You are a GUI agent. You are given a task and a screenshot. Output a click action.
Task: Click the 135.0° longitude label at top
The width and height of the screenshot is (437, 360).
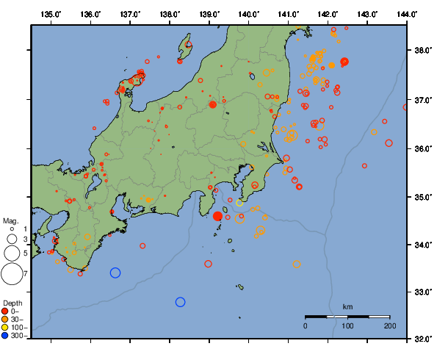coord(51,14)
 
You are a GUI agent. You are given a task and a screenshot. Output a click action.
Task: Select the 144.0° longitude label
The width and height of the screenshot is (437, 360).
coord(406,14)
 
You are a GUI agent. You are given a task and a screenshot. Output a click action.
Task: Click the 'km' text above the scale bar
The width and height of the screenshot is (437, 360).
coord(347,306)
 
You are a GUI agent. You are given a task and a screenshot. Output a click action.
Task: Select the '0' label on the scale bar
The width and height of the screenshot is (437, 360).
coord(306,325)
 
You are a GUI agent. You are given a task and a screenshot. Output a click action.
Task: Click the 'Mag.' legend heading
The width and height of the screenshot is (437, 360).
coord(10,220)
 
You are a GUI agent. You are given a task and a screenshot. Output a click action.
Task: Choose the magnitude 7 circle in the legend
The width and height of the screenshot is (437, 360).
coord(12,274)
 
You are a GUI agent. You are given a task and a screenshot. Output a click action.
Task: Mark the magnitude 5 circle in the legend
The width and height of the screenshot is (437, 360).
coord(12,253)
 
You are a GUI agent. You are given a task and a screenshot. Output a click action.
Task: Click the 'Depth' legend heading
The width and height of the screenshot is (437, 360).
coord(12,303)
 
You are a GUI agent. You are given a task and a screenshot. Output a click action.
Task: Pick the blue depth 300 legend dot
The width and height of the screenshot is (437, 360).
coord(6,336)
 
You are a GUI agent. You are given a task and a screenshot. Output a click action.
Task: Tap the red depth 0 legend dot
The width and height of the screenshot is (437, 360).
coord(6,311)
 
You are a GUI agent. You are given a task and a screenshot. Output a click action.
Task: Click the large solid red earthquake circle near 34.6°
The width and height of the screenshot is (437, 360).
coord(218,216)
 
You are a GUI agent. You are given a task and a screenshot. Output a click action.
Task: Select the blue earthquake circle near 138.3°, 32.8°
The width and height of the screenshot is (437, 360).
coord(181,302)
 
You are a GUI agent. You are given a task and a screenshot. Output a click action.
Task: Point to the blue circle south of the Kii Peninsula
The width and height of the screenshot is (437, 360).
coord(115,273)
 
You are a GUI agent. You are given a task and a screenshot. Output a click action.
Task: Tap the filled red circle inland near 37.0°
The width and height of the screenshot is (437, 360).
coord(213,104)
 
